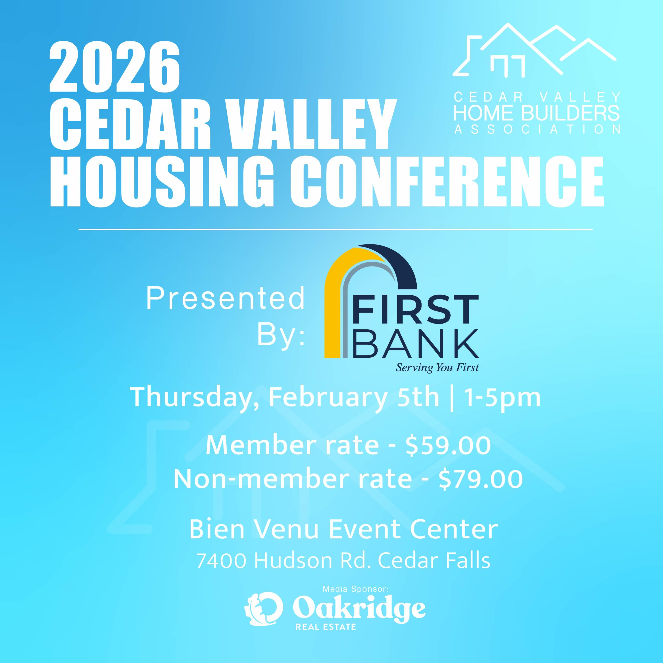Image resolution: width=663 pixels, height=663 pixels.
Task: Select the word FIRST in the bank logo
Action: point(416,310)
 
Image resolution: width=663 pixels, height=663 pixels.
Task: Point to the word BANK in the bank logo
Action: point(416,343)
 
